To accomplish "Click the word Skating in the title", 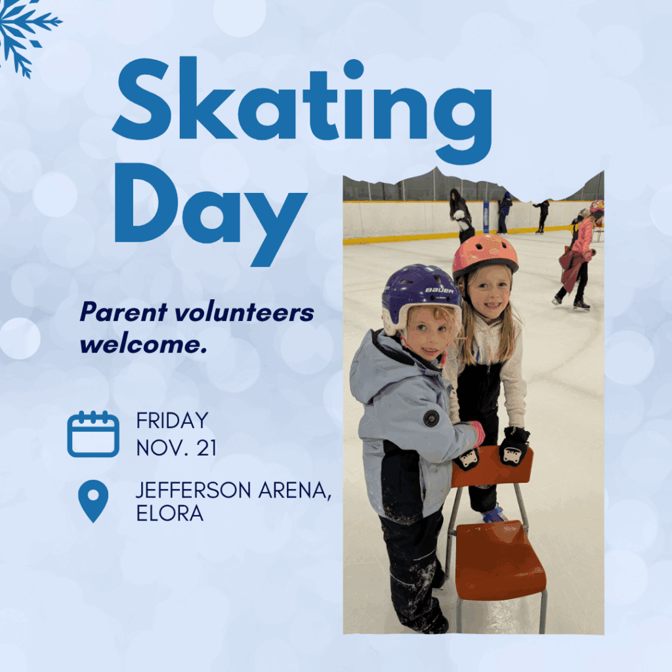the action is pyautogui.click(x=302, y=110).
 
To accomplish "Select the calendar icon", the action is pyautogui.click(x=93, y=434).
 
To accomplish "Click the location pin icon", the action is pyautogui.click(x=93, y=501).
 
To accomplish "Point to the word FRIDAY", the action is pyautogui.click(x=173, y=421).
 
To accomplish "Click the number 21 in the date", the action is pyautogui.click(x=207, y=448).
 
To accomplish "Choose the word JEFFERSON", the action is pyautogui.click(x=194, y=490).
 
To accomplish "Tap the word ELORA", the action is pyautogui.click(x=170, y=513).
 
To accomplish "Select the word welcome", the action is pyautogui.click(x=144, y=345).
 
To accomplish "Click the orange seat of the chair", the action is pyautogui.click(x=500, y=559).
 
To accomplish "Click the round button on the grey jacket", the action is pyautogui.click(x=432, y=418).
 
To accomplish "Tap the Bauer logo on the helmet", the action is pyautogui.click(x=439, y=291).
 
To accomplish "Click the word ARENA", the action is pyautogui.click(x=295, y=491).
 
